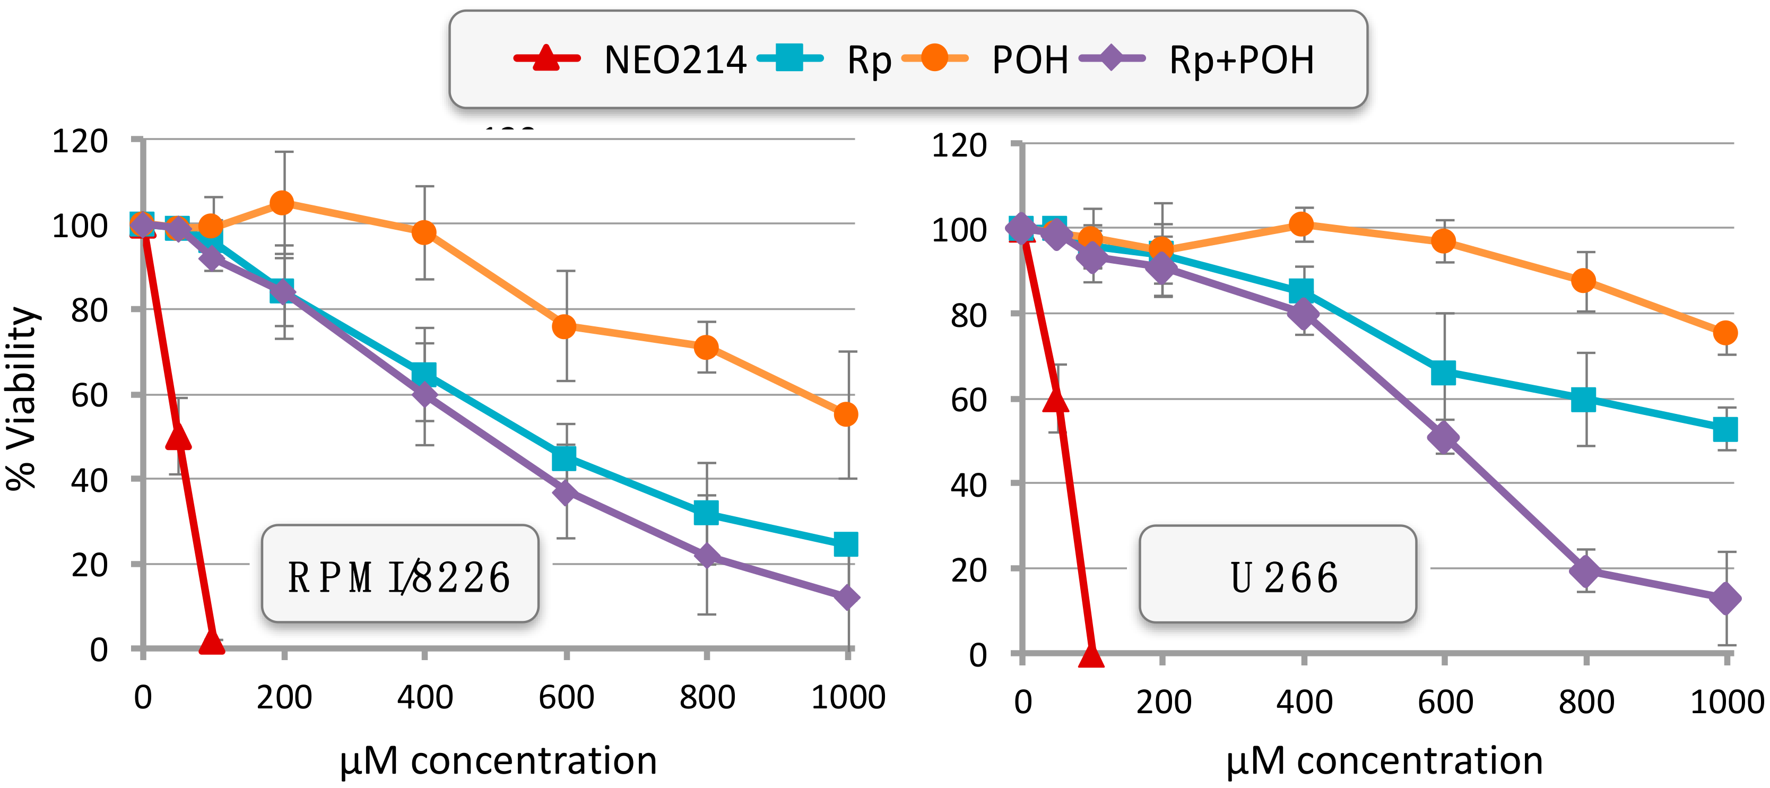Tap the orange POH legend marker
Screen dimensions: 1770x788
(934, 58)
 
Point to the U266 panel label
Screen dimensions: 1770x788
(1283, 577)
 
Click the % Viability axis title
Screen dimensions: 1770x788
(22, 399)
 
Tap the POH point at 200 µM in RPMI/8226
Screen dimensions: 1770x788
(282, 203)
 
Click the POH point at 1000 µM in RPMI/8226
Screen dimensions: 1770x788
(846, 414)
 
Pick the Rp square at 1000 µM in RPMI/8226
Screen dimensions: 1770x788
(846, 544)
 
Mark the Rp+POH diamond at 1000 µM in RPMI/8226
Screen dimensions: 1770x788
(846, 597)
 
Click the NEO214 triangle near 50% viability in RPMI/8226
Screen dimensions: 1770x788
(178, 436)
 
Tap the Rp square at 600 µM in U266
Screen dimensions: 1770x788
(1444, 373)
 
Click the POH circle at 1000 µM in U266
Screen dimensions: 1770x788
(1725, 333)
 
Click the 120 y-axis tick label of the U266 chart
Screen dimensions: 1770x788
(959, 145)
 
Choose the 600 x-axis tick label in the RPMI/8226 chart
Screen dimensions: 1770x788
(566, 697)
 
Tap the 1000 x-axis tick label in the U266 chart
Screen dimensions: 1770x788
(1726, 702)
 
